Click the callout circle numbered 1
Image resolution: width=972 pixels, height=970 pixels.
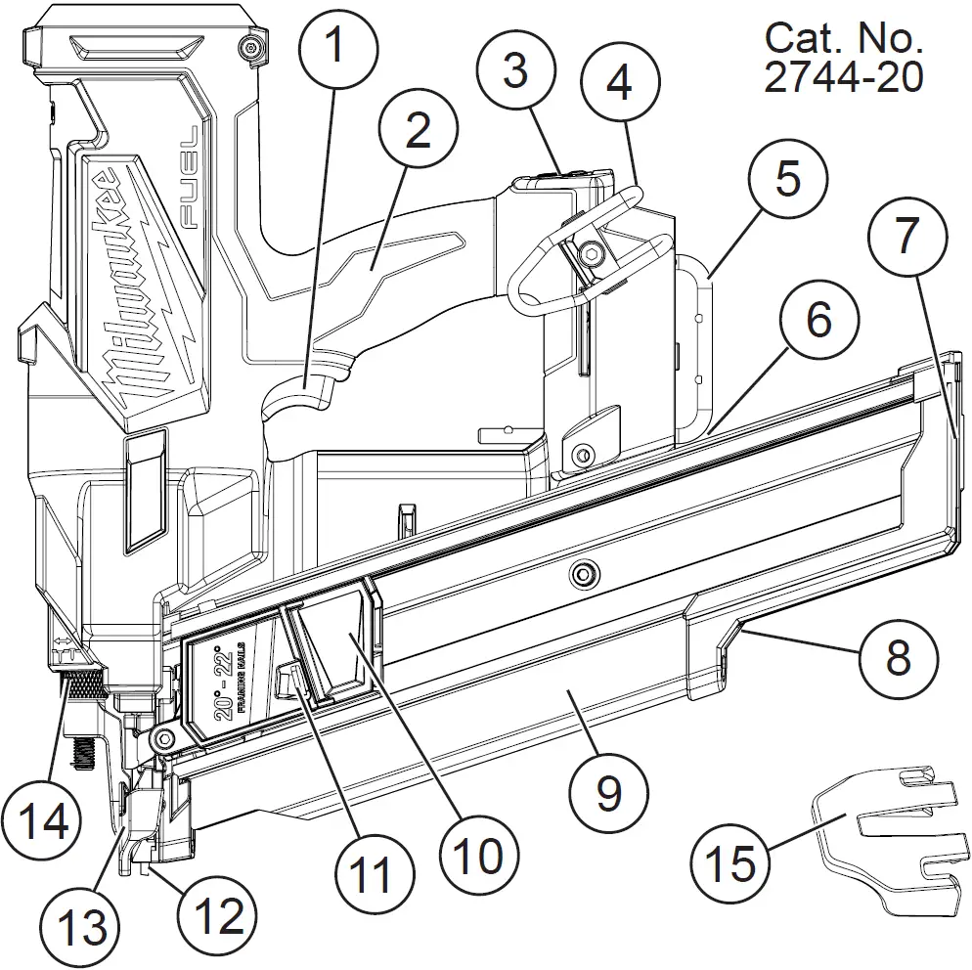pos(334,44)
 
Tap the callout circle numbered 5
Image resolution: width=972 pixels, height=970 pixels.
pos(788,178)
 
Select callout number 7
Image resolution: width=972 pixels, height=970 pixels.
pos(906,234)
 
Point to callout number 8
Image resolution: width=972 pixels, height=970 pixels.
pos(899,656)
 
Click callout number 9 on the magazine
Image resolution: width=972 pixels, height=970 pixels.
pos(607,793)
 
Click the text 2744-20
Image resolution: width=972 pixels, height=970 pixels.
pos(842,77)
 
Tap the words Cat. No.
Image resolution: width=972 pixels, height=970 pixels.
pos(842,38)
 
